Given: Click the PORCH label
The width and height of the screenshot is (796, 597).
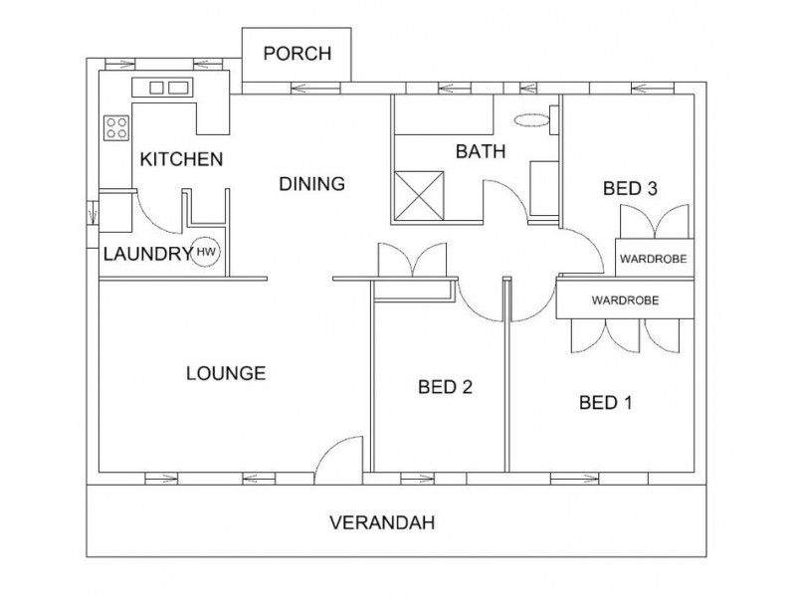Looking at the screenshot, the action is click(297, 54).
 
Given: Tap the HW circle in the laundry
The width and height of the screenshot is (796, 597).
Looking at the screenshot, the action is click(206, 252).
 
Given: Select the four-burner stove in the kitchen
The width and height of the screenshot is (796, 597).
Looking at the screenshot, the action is click(116, 128).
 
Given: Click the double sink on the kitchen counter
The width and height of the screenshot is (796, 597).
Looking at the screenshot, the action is click(162, 88).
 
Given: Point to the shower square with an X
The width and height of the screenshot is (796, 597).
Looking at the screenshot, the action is click(419, 196).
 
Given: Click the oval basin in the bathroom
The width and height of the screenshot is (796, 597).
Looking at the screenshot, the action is click(531, 120).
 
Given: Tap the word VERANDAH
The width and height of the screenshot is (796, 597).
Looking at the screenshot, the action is click(382, 522).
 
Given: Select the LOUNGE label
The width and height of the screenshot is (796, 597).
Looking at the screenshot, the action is click(226, 374).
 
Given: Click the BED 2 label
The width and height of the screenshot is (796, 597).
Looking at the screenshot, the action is click(445, 387).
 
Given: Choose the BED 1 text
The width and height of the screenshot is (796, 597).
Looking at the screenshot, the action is click(606, 403).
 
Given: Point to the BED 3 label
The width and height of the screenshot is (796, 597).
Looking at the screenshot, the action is click(630, 189).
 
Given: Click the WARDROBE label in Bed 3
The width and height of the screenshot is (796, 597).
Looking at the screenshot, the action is click(654, 259).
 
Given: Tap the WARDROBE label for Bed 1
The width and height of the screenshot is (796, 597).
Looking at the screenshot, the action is click(625, 300).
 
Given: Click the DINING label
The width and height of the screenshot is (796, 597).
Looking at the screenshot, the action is click(312, 184).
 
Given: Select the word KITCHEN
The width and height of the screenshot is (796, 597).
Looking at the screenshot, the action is click(181, 159).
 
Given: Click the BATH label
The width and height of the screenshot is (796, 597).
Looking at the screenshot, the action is click(481, 151).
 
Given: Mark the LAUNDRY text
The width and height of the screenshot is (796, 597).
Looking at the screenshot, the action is click(147, 254).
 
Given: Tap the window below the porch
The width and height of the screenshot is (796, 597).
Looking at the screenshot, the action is click(316, 89).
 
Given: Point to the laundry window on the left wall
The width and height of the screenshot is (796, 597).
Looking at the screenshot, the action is click(93, 212).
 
